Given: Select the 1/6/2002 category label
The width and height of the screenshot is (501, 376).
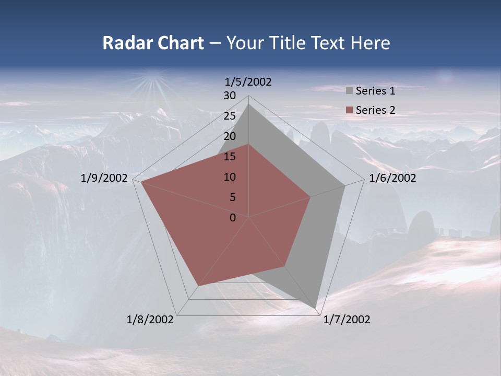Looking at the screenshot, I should [x=392, y=178].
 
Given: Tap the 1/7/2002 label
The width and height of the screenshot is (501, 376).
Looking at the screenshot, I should [x=347, y=320].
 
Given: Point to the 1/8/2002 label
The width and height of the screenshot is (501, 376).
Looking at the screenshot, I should [x=150, y=320].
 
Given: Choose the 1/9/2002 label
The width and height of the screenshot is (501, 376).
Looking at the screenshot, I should [x=104, y=178].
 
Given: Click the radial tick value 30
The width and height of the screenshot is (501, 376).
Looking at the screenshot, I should [x=230, y=96].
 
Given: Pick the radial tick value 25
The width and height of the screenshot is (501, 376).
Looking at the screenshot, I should [x=230, y=116].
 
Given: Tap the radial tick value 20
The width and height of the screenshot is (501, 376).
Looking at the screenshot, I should [x=230, y=136].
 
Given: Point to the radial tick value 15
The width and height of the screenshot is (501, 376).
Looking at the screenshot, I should [x=230, y=157].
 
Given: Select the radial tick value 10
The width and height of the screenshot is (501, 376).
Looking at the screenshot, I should [x=230, y=177].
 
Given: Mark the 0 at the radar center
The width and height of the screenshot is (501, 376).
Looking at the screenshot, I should [x=233, y=218].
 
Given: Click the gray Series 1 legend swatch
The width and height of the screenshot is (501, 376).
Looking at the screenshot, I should [x=349, y=91].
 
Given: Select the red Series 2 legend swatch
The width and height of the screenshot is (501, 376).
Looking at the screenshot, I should [x=349, y=110].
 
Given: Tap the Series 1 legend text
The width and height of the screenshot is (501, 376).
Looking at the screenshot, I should [x=375, y=91].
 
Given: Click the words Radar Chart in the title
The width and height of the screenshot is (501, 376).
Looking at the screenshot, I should [x=153, y=43].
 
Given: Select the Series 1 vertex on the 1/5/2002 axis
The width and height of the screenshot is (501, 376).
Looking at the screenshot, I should [x=249, y=104].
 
